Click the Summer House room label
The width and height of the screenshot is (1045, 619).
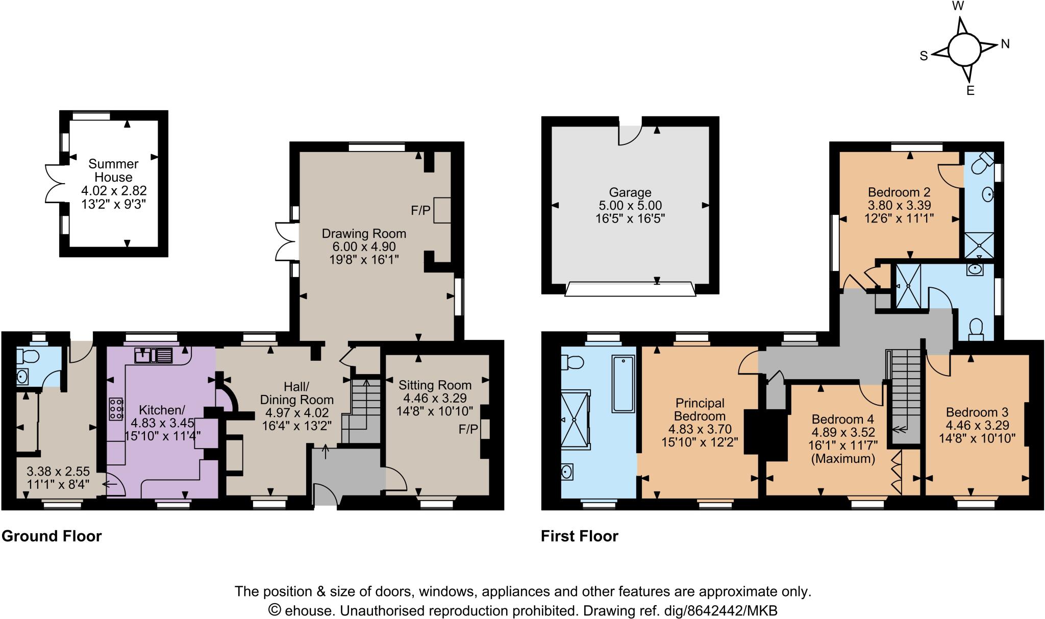click(x=113, y=170)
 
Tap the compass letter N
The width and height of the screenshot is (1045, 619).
click(x=1005, y=44)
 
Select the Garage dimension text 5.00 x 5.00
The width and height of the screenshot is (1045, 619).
click(x=630, y=206)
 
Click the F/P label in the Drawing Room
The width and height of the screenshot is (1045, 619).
click(x=421, y=210)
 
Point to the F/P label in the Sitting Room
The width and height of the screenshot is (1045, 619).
click(x=468, y=430)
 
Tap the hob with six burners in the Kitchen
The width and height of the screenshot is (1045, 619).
click(x=116, y=408)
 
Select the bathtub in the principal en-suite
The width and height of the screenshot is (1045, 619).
click(x=623, y=384)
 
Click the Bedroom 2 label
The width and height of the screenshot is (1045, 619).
click(x=899, y=192)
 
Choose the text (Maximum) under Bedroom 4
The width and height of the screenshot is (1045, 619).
click(x=843, y=459)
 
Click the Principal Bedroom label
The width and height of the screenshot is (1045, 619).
click(x=700, y=409)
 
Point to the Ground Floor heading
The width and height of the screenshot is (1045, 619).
click(x=52, y=536)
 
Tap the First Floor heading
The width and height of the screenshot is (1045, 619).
click(x=579, y=536)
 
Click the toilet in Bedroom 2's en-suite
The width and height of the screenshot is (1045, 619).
click(x=981, y=163)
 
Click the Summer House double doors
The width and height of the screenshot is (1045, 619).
click(x=53, y=183)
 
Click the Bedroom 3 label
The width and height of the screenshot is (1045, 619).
click(x=977, y=412)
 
